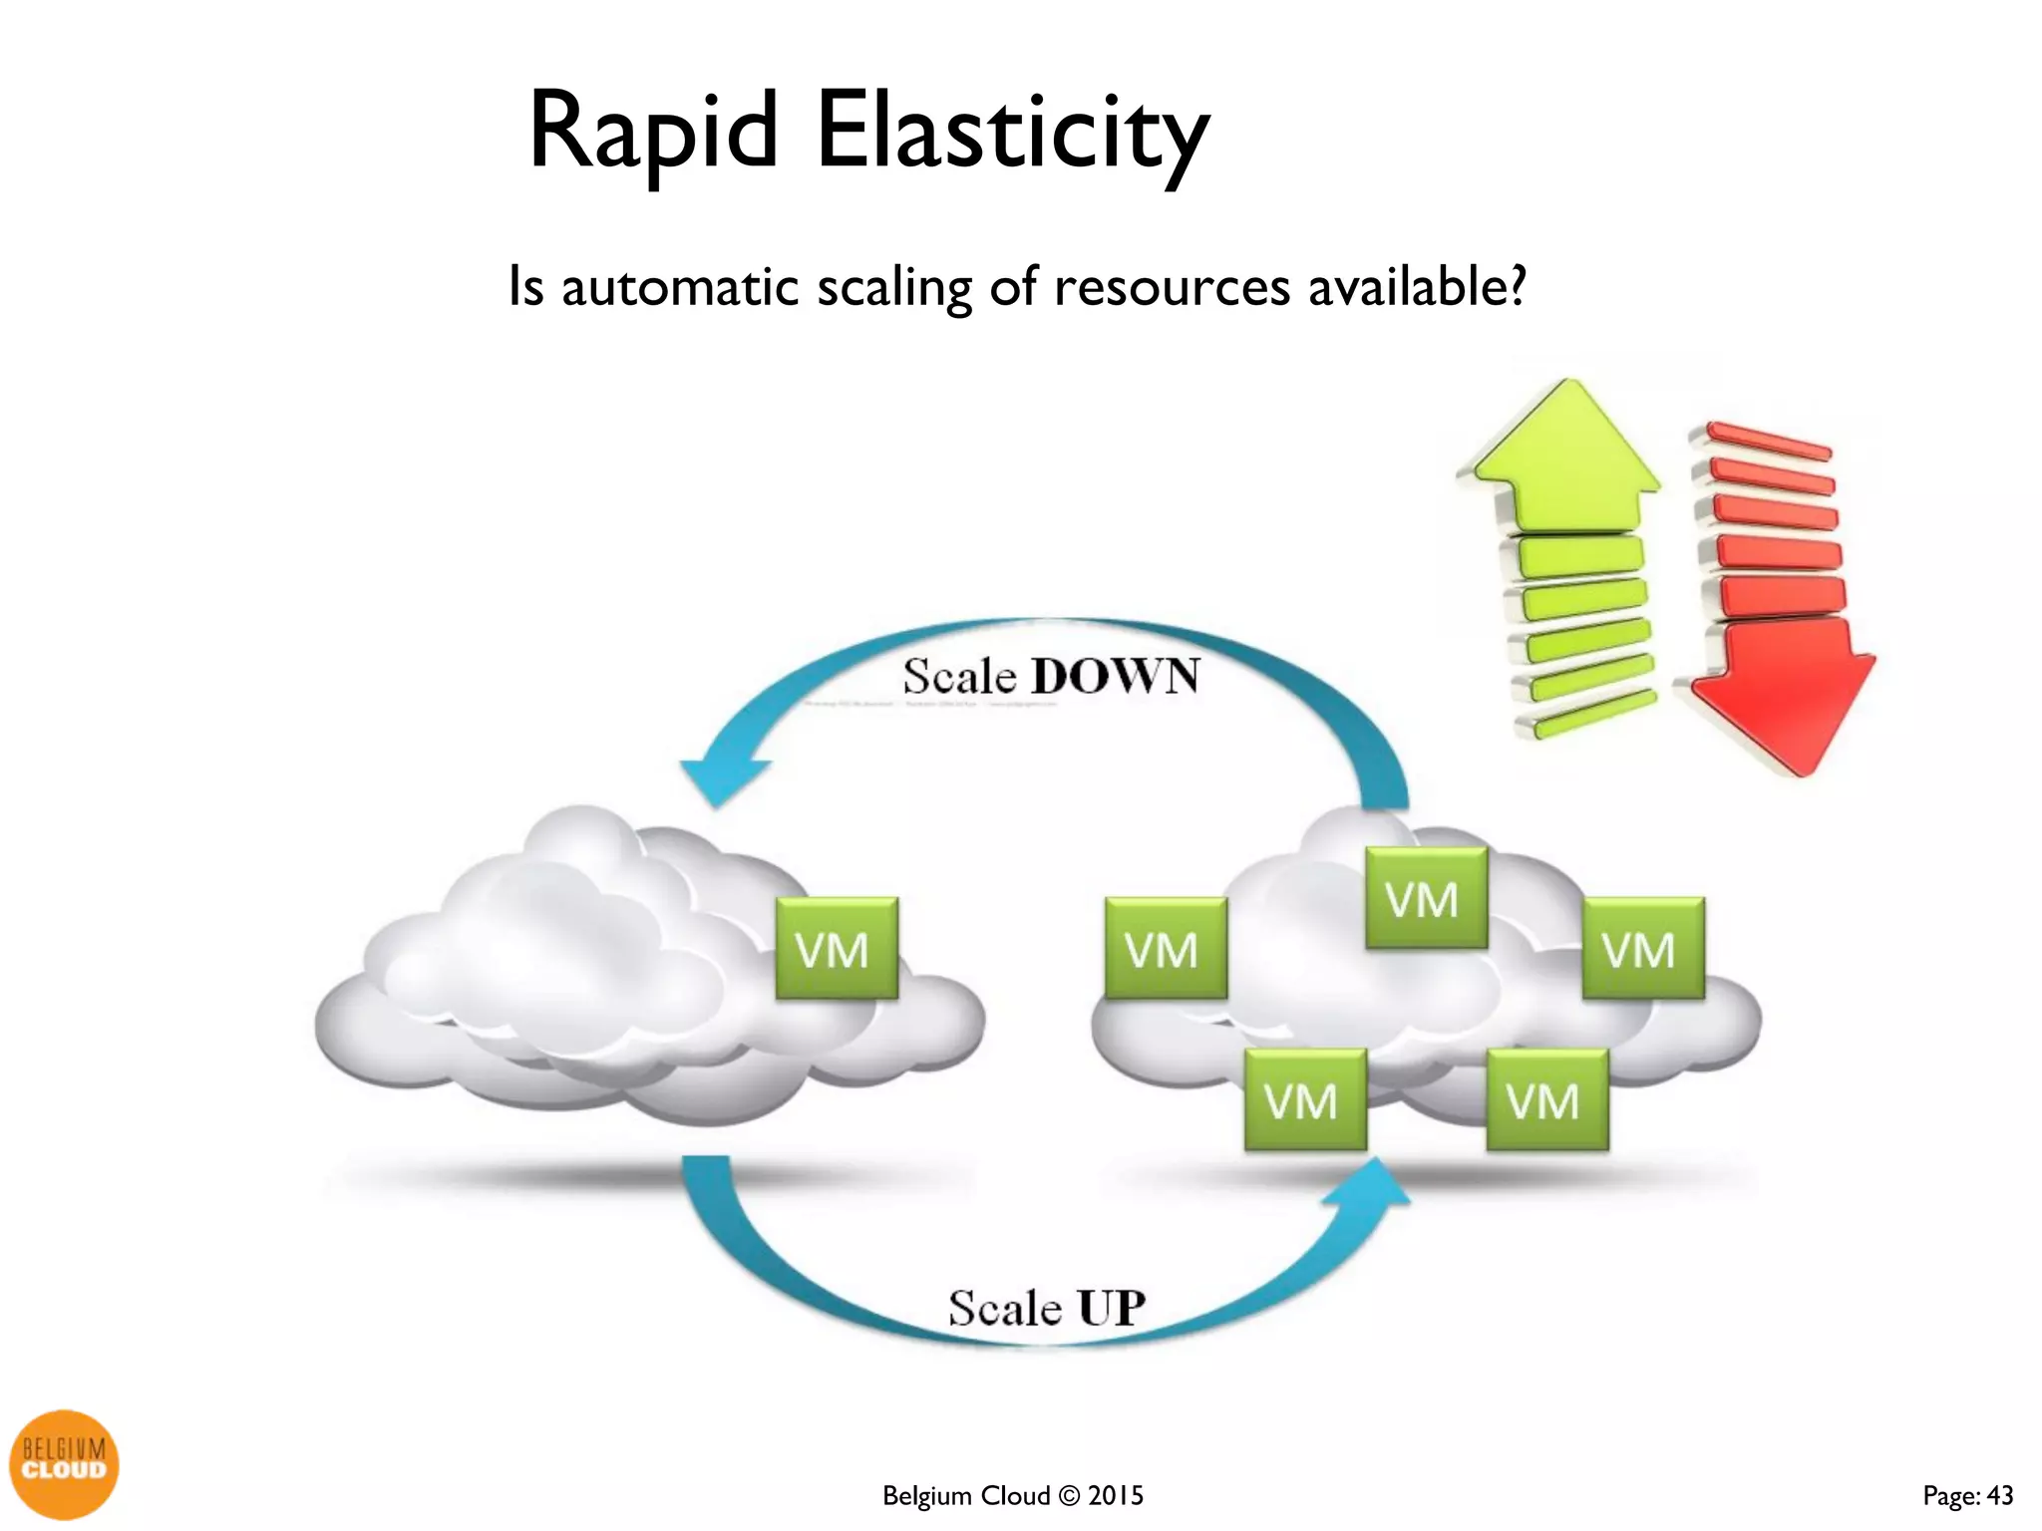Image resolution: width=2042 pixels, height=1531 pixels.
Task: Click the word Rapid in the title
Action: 653,133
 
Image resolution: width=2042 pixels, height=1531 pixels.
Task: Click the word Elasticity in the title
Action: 1012,135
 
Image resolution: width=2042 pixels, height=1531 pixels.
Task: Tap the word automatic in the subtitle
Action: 681,287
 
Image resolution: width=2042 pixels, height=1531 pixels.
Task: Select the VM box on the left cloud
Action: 837,948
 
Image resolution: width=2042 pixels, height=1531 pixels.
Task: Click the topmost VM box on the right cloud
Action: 1426,898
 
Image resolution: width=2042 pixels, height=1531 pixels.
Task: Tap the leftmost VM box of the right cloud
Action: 1166,948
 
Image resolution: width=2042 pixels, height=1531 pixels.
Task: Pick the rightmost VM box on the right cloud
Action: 1643,948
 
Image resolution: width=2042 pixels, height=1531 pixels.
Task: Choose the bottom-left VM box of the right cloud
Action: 1305,1100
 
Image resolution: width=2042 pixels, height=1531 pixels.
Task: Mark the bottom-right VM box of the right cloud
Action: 1546,1100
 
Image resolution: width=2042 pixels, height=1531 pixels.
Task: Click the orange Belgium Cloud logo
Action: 64,1463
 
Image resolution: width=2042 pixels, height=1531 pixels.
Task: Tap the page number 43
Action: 1999,1496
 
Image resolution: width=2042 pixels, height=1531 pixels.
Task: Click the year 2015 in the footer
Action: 1116,1496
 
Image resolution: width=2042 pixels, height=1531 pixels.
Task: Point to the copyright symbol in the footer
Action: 1069,1496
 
